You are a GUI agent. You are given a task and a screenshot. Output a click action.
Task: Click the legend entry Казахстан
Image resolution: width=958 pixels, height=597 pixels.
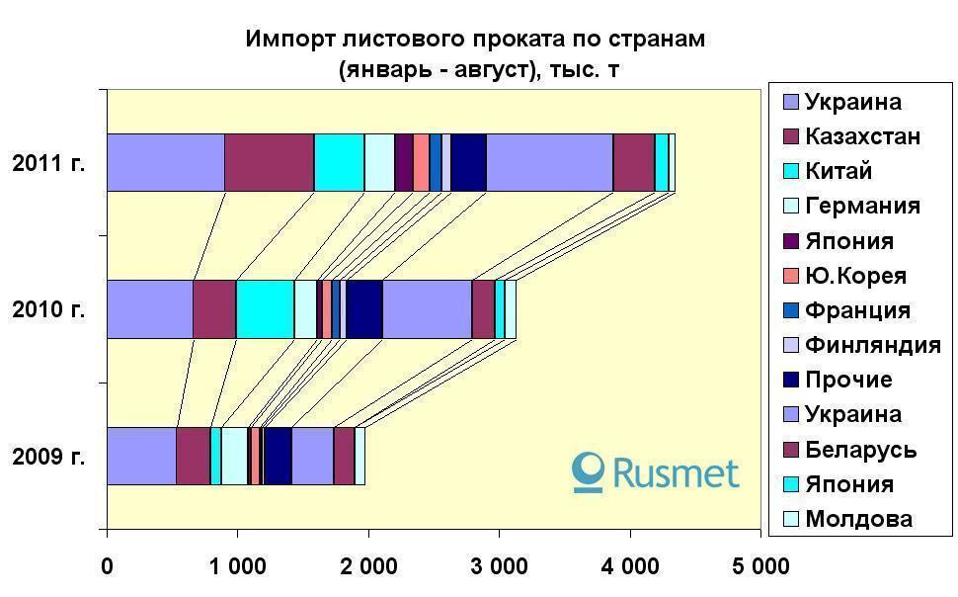[861, 136]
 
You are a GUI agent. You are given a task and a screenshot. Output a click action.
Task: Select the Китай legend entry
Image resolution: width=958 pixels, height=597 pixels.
[838, 171]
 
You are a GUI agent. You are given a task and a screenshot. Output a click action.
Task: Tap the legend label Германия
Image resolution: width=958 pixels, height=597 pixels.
[861, 206]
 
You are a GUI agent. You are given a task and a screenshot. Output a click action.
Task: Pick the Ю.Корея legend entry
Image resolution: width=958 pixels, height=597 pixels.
[854, 276]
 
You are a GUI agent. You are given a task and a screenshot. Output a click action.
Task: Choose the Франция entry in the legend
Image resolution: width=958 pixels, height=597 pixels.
[856, 310]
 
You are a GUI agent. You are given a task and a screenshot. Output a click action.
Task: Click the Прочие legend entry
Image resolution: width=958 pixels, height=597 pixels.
[847, 380]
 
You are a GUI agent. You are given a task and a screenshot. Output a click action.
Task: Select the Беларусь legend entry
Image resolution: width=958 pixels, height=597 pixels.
[859, 450]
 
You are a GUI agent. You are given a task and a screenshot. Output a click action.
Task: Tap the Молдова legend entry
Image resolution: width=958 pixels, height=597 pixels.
[857, 519]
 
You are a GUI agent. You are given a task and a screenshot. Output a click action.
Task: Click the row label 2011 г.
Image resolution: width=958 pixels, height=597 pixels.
[48, 163]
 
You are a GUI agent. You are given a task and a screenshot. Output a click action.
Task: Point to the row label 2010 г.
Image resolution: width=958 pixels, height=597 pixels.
[48, 309]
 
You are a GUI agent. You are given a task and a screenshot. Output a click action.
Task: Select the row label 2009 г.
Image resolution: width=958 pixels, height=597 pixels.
[48, 457]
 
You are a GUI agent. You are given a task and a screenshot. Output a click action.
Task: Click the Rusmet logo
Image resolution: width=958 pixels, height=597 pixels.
[656, 472]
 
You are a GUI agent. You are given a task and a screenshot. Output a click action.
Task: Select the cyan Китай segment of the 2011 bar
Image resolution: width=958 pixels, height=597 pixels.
[339, 162]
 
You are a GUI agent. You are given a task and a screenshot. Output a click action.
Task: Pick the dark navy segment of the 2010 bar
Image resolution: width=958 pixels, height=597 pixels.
[363, 308]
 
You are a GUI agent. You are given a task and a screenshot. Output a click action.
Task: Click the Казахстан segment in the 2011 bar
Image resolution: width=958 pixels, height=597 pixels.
[269, 162]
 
